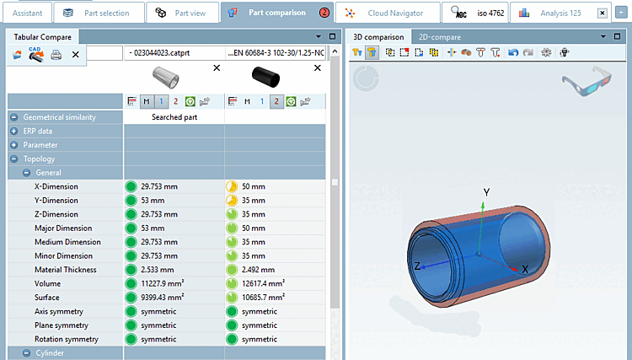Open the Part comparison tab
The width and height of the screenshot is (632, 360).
[x=276, y=13]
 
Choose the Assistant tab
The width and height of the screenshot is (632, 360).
[x=28, y=13]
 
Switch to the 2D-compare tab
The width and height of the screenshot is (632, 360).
[x=439, y=37]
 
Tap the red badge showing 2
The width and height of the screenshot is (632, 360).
[x=324, y=13]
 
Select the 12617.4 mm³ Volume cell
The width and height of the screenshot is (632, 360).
[x=264, y=283]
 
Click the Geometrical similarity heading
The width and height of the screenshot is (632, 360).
[x=59, y=117]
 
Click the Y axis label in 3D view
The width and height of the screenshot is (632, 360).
[x=486, y=192]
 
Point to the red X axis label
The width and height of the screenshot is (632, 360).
[x=524, y=268]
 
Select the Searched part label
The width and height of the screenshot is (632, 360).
[x=174, y=117]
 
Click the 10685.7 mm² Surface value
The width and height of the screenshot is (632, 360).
[x=263, y=298]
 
